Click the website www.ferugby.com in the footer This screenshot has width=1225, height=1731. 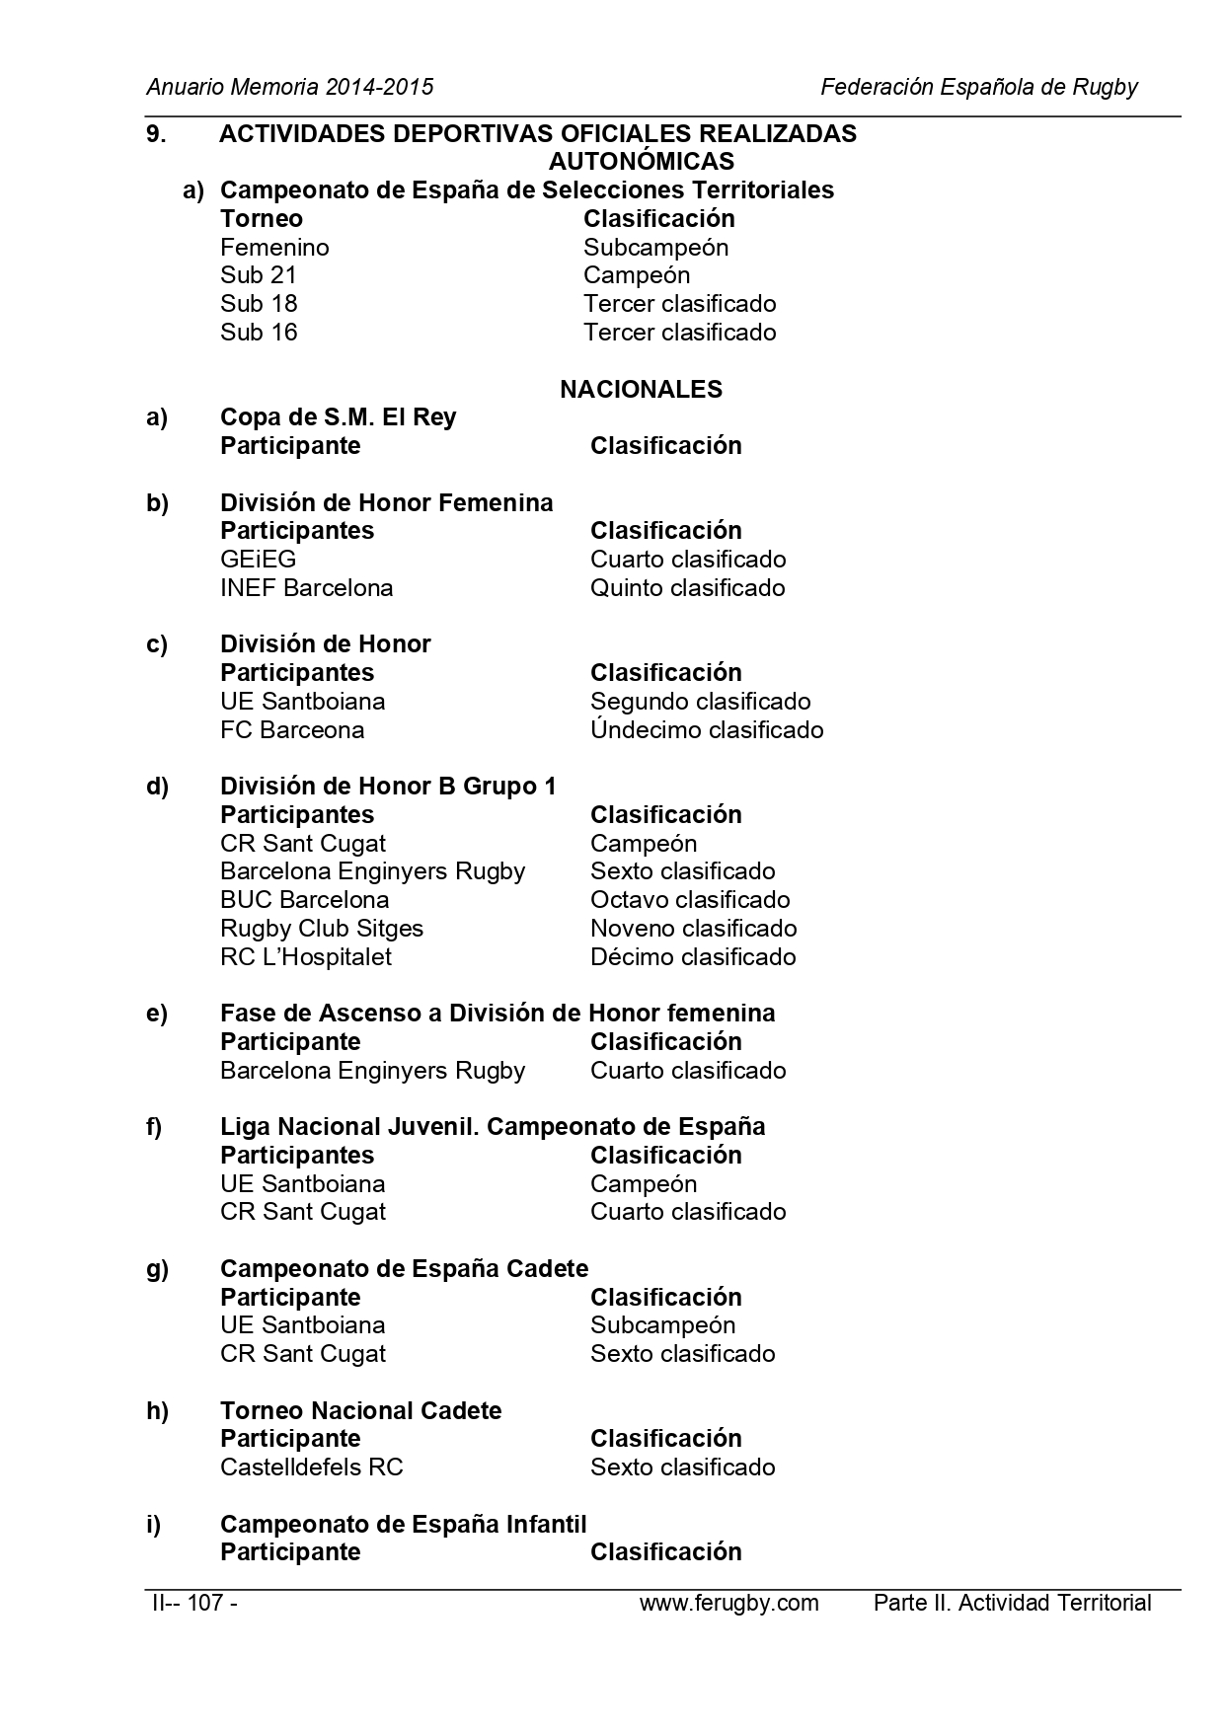(728, 1603)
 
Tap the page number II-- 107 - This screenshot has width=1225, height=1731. (192, 1603)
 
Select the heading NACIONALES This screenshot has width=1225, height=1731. (641, 390)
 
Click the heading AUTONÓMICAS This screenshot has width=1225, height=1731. (641, 161)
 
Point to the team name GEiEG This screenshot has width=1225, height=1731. (258, 560)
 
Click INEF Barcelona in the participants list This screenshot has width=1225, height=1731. (306, 588)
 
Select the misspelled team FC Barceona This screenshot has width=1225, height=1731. (292, 730)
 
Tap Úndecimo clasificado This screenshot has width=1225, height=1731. (706, 730)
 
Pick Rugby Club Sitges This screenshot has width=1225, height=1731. (322, 929)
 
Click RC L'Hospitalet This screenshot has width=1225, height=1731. (306, 957)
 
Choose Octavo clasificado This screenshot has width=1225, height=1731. (690, 900)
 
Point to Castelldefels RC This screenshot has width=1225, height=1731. (312, 1468)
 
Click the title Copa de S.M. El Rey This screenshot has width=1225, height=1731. (338, 417)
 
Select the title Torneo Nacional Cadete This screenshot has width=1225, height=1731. (360, 1411)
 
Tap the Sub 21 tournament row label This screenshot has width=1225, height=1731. (259, 275)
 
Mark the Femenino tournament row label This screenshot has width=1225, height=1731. (274, 248)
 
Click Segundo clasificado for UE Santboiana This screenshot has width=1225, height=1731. (700, 702)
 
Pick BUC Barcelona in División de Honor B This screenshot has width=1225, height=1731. (304, 900)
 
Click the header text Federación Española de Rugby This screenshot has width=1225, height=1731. (978, 87)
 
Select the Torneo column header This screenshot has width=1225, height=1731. (262, 219)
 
